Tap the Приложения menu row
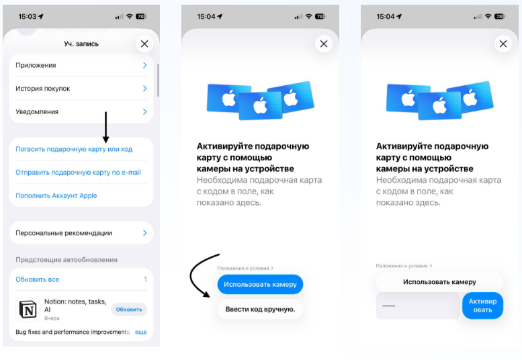coord(81,65)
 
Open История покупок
coord(81,89)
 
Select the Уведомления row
coord(81,111)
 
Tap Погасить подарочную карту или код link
coord(74,149)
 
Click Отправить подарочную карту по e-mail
coord(78,173)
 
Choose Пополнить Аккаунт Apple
coord(56,195)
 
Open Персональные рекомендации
coord(81,233)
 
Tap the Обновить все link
coord(38,279)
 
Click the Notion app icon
coord(28,310)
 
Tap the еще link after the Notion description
coord(141,332)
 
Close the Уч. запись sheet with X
coord(144,44)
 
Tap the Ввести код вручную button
coord(261,310)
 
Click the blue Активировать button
coord(483,306)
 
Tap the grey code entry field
coord(418,306)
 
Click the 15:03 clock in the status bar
coord(28,16)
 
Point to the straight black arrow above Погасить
coord(106,128)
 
